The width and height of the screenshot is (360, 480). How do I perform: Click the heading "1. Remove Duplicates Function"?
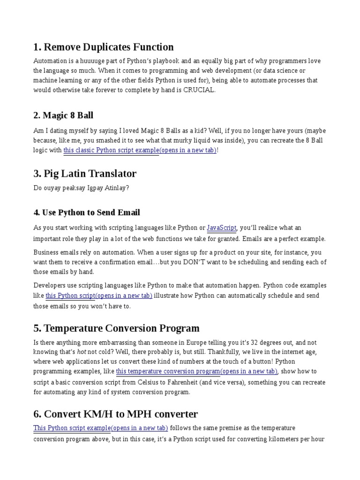pos(104,47)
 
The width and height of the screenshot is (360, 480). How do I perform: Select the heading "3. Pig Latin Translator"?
pos(85,173)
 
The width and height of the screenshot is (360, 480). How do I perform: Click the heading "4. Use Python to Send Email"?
pos(87,212)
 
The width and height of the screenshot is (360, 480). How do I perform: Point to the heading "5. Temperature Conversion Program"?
pos(116,328)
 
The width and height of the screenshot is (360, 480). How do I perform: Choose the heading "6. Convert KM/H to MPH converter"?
pos(115,414)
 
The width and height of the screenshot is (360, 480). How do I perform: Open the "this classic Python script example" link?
pos(140,150)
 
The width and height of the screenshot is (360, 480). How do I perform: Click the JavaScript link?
pos(222,228)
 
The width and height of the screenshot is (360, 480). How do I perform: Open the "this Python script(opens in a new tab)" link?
pos(99,296)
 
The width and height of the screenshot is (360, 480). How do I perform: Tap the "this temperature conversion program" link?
pos(197,371)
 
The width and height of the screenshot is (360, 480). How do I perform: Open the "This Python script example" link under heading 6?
pos(100,428)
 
